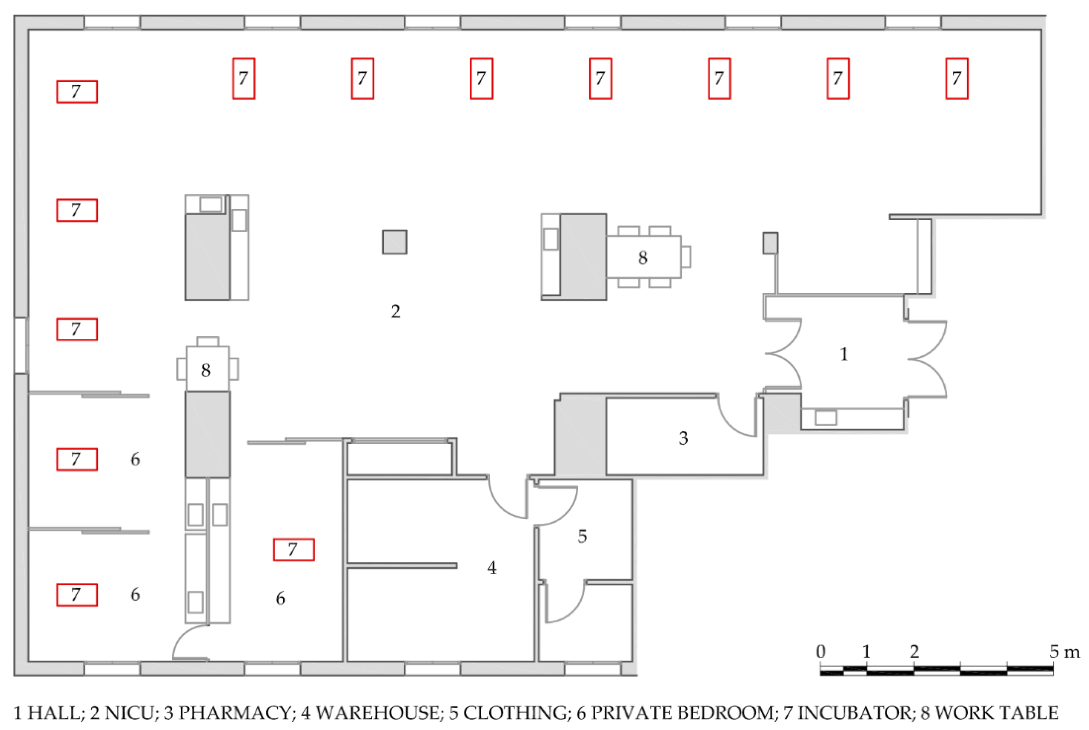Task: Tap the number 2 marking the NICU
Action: coord(395,311)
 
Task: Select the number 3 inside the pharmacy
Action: coord(683,438)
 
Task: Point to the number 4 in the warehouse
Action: coord(492,568)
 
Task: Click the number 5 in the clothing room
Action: coord(582,536)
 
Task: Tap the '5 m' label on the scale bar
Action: coord(1064,651)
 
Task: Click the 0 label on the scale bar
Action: coord(821,651)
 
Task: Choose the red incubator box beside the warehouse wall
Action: coord(293,549)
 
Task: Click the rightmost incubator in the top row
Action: coord(957,78)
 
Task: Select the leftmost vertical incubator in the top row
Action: coord(244,78)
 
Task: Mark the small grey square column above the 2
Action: coord(394,242)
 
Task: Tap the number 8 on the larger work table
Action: coord(642,257)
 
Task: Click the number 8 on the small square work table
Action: coord(205,370)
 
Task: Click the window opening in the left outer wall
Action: coord(21,345)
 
